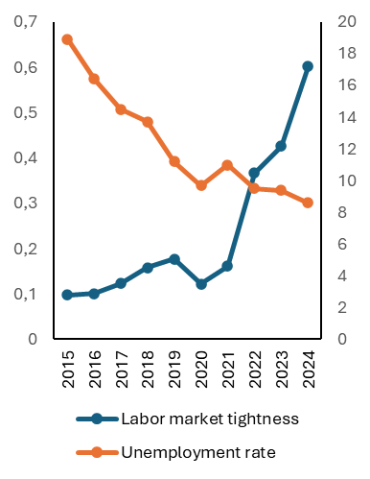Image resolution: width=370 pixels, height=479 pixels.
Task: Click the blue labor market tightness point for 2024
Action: [x=308, y=66]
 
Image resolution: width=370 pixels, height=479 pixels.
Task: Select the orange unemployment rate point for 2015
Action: [x=67, y=39]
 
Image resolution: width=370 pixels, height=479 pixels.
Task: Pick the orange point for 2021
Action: [x=227, y=165]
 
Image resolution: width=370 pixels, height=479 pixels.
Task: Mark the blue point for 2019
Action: [x=174, y=259]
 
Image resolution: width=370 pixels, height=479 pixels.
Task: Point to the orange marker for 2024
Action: [x=308, y=203]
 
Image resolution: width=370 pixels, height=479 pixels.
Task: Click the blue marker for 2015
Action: [x=67, y=295]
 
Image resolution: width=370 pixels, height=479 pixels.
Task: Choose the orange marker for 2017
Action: [x=121, y=109]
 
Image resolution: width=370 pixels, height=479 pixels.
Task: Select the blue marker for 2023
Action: [x=281, y=146]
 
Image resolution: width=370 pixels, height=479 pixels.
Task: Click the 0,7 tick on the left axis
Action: [x=26, y=22]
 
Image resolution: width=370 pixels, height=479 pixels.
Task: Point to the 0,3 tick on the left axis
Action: [x=26, y=204]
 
